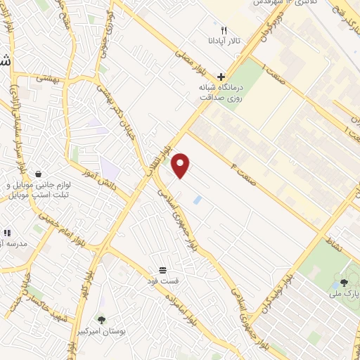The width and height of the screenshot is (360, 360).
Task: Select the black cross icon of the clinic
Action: pos(221,77)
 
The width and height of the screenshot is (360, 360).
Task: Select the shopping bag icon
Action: pos(37,173)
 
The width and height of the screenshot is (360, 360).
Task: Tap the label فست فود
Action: pos(163,281)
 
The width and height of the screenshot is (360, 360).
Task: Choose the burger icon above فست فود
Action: pos(163,270)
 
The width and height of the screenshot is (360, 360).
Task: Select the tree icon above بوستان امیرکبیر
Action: pos(102,320)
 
